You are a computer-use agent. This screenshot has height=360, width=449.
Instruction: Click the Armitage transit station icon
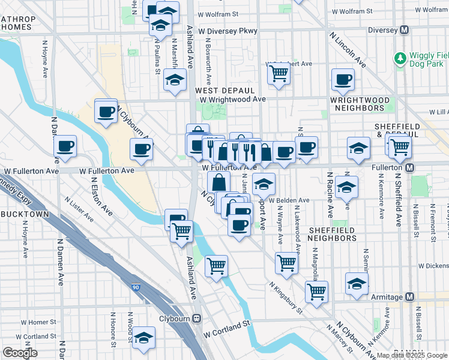410,297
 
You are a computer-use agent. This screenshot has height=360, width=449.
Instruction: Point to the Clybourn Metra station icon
196,319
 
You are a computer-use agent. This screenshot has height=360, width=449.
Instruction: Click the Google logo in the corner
19,352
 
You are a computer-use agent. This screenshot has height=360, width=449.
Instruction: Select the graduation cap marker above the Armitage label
357,284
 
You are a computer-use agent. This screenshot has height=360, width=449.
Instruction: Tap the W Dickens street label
433,265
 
